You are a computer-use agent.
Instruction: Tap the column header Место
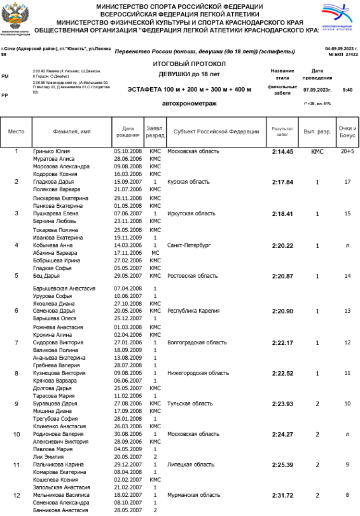[16, 131]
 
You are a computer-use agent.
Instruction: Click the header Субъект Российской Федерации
[216, 131]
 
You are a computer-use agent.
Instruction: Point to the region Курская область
[189, 182]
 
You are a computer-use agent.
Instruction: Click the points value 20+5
[347, 152]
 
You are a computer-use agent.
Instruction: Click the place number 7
[16, 343]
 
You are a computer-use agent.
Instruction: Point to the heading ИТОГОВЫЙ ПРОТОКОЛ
[189, 64]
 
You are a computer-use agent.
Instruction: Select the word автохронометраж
[189, 104]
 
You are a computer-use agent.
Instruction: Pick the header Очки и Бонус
[347, 131]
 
